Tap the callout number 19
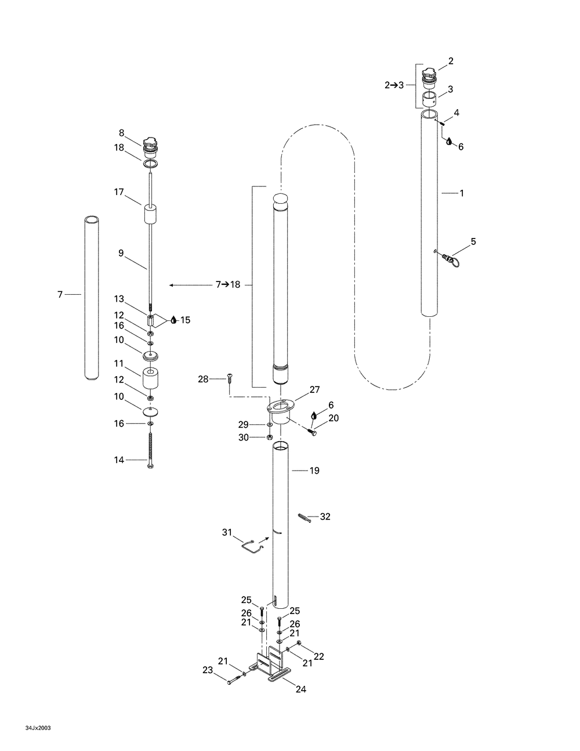(314, 470)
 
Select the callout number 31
(227, 533)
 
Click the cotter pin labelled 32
(304, 518)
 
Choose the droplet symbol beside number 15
(174, 320)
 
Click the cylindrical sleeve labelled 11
(150, 379)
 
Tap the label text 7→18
(228, 285)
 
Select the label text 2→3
(394, 85)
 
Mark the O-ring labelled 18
(151, 164)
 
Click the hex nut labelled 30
(270, 437)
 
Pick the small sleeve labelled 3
(429, 100)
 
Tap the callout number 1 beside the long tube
(462, 193)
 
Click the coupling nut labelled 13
(150, 320)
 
